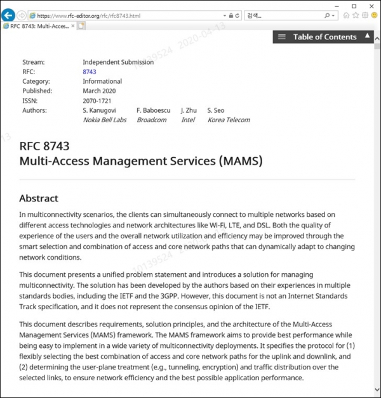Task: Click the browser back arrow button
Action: tap(8, 15)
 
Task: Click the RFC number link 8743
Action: tap(90, 72)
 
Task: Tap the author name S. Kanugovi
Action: tap(99, 110)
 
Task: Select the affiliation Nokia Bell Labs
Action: tap(104, 120)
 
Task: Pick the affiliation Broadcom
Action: tap(152, 120)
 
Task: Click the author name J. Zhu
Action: tap(189, 110)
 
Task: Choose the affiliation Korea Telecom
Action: tap(229, 120)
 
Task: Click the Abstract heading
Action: tap(38, 198)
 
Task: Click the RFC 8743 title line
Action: tap(44, 146)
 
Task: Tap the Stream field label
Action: tap(33, 62)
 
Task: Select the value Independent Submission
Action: tap(118, 62)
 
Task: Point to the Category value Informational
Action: tap(102, 81)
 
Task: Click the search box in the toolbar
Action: tap(283, 15)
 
